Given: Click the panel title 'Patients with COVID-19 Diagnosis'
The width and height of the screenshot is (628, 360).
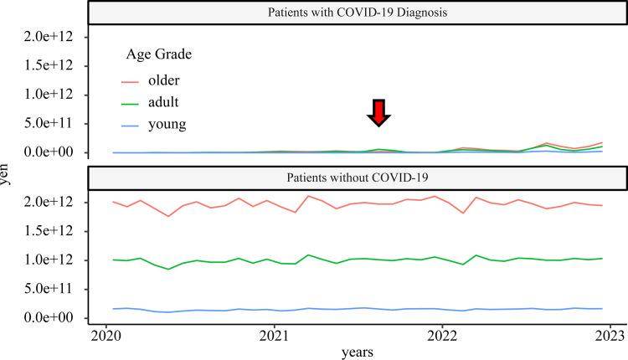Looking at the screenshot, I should [x=358, y=13].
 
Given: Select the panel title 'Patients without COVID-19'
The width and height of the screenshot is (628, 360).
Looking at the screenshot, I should [x=358, y=177].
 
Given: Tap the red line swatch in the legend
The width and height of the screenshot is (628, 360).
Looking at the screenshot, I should [x=131, y=80].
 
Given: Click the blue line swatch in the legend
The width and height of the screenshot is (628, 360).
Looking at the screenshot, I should [x=131, y=124].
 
